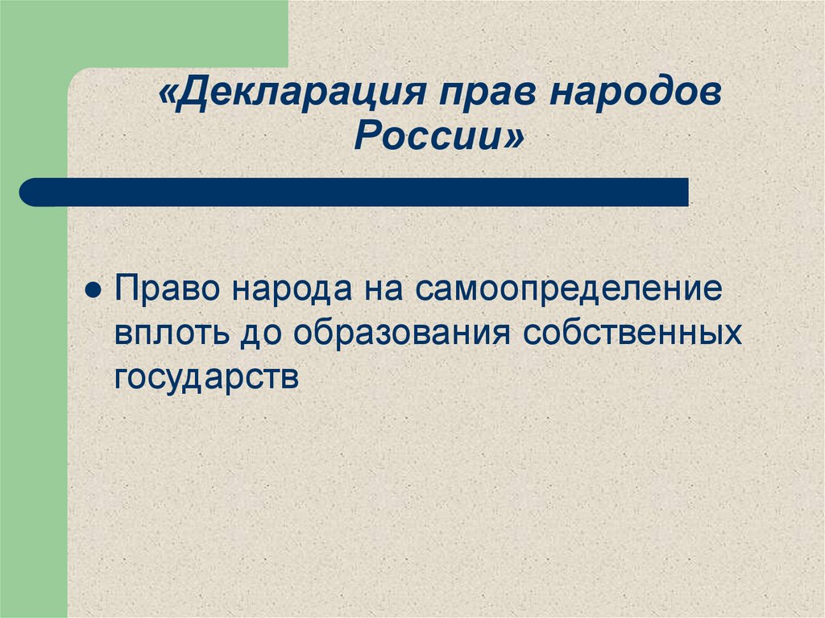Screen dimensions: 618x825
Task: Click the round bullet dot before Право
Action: [93, 291]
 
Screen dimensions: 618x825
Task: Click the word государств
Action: [206, 375]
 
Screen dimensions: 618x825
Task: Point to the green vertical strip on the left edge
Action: [32, 403]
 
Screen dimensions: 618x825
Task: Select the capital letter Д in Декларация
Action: [190, 97]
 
